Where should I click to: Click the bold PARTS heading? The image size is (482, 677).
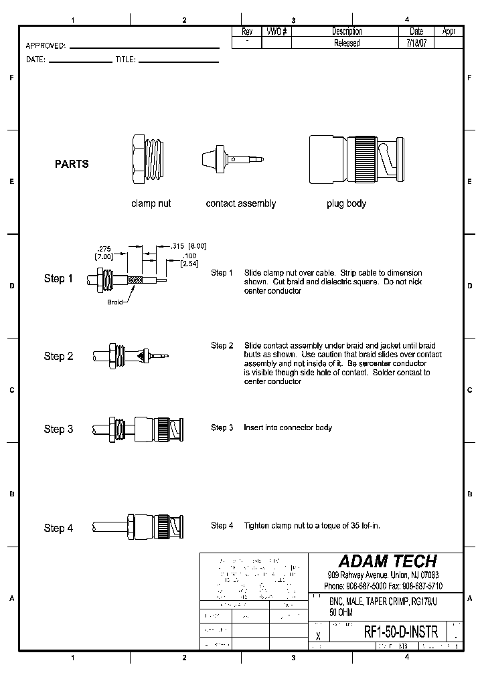72,164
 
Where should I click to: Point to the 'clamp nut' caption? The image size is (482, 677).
151,203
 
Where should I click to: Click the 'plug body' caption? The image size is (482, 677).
346,203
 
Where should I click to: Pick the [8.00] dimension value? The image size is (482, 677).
197,246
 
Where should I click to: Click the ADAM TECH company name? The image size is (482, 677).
387,561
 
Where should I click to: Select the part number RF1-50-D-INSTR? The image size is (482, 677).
401,632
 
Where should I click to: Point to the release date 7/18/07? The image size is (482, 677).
415,43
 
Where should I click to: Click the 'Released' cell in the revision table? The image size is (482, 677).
347,43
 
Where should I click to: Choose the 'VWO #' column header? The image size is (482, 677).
276,31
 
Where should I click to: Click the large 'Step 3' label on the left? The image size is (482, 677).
58,429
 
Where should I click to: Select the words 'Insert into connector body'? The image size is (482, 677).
288,427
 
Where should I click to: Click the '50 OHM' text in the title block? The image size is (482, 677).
342,612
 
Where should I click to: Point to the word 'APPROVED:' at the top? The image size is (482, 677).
46,46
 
